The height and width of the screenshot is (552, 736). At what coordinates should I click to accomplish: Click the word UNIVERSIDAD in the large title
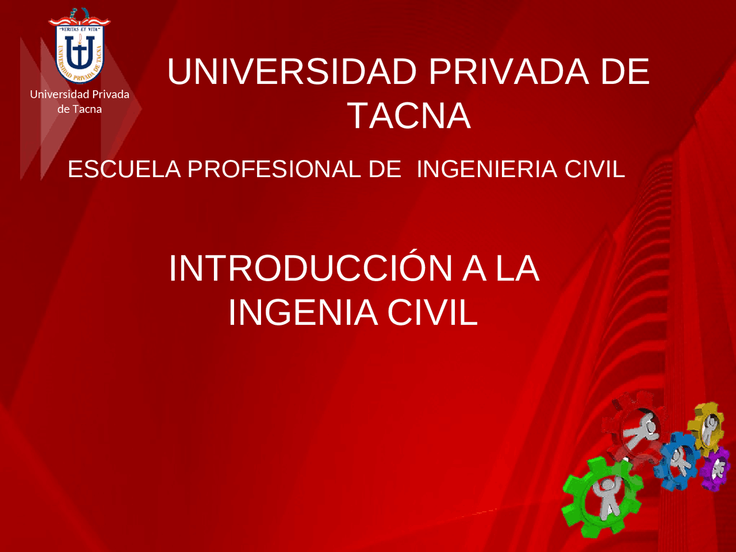[x=292, y=72]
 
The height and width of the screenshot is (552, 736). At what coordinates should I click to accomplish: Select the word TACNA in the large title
[x=409, y=116]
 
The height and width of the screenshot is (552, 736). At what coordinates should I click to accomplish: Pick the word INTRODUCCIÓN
[x=310, y=269]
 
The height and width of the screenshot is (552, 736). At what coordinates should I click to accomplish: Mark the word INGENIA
[x=303, y=313]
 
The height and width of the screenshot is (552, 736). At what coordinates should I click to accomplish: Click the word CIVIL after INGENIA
[x=432, y=313]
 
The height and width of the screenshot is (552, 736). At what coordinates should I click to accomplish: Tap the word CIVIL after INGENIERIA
[x=595, y=170]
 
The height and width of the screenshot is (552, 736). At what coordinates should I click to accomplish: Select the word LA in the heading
[x=517, y=269]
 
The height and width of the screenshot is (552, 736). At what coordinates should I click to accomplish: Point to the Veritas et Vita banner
[x=79, y=21]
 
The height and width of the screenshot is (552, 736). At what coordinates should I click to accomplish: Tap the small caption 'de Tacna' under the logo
[x=79, y=109]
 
